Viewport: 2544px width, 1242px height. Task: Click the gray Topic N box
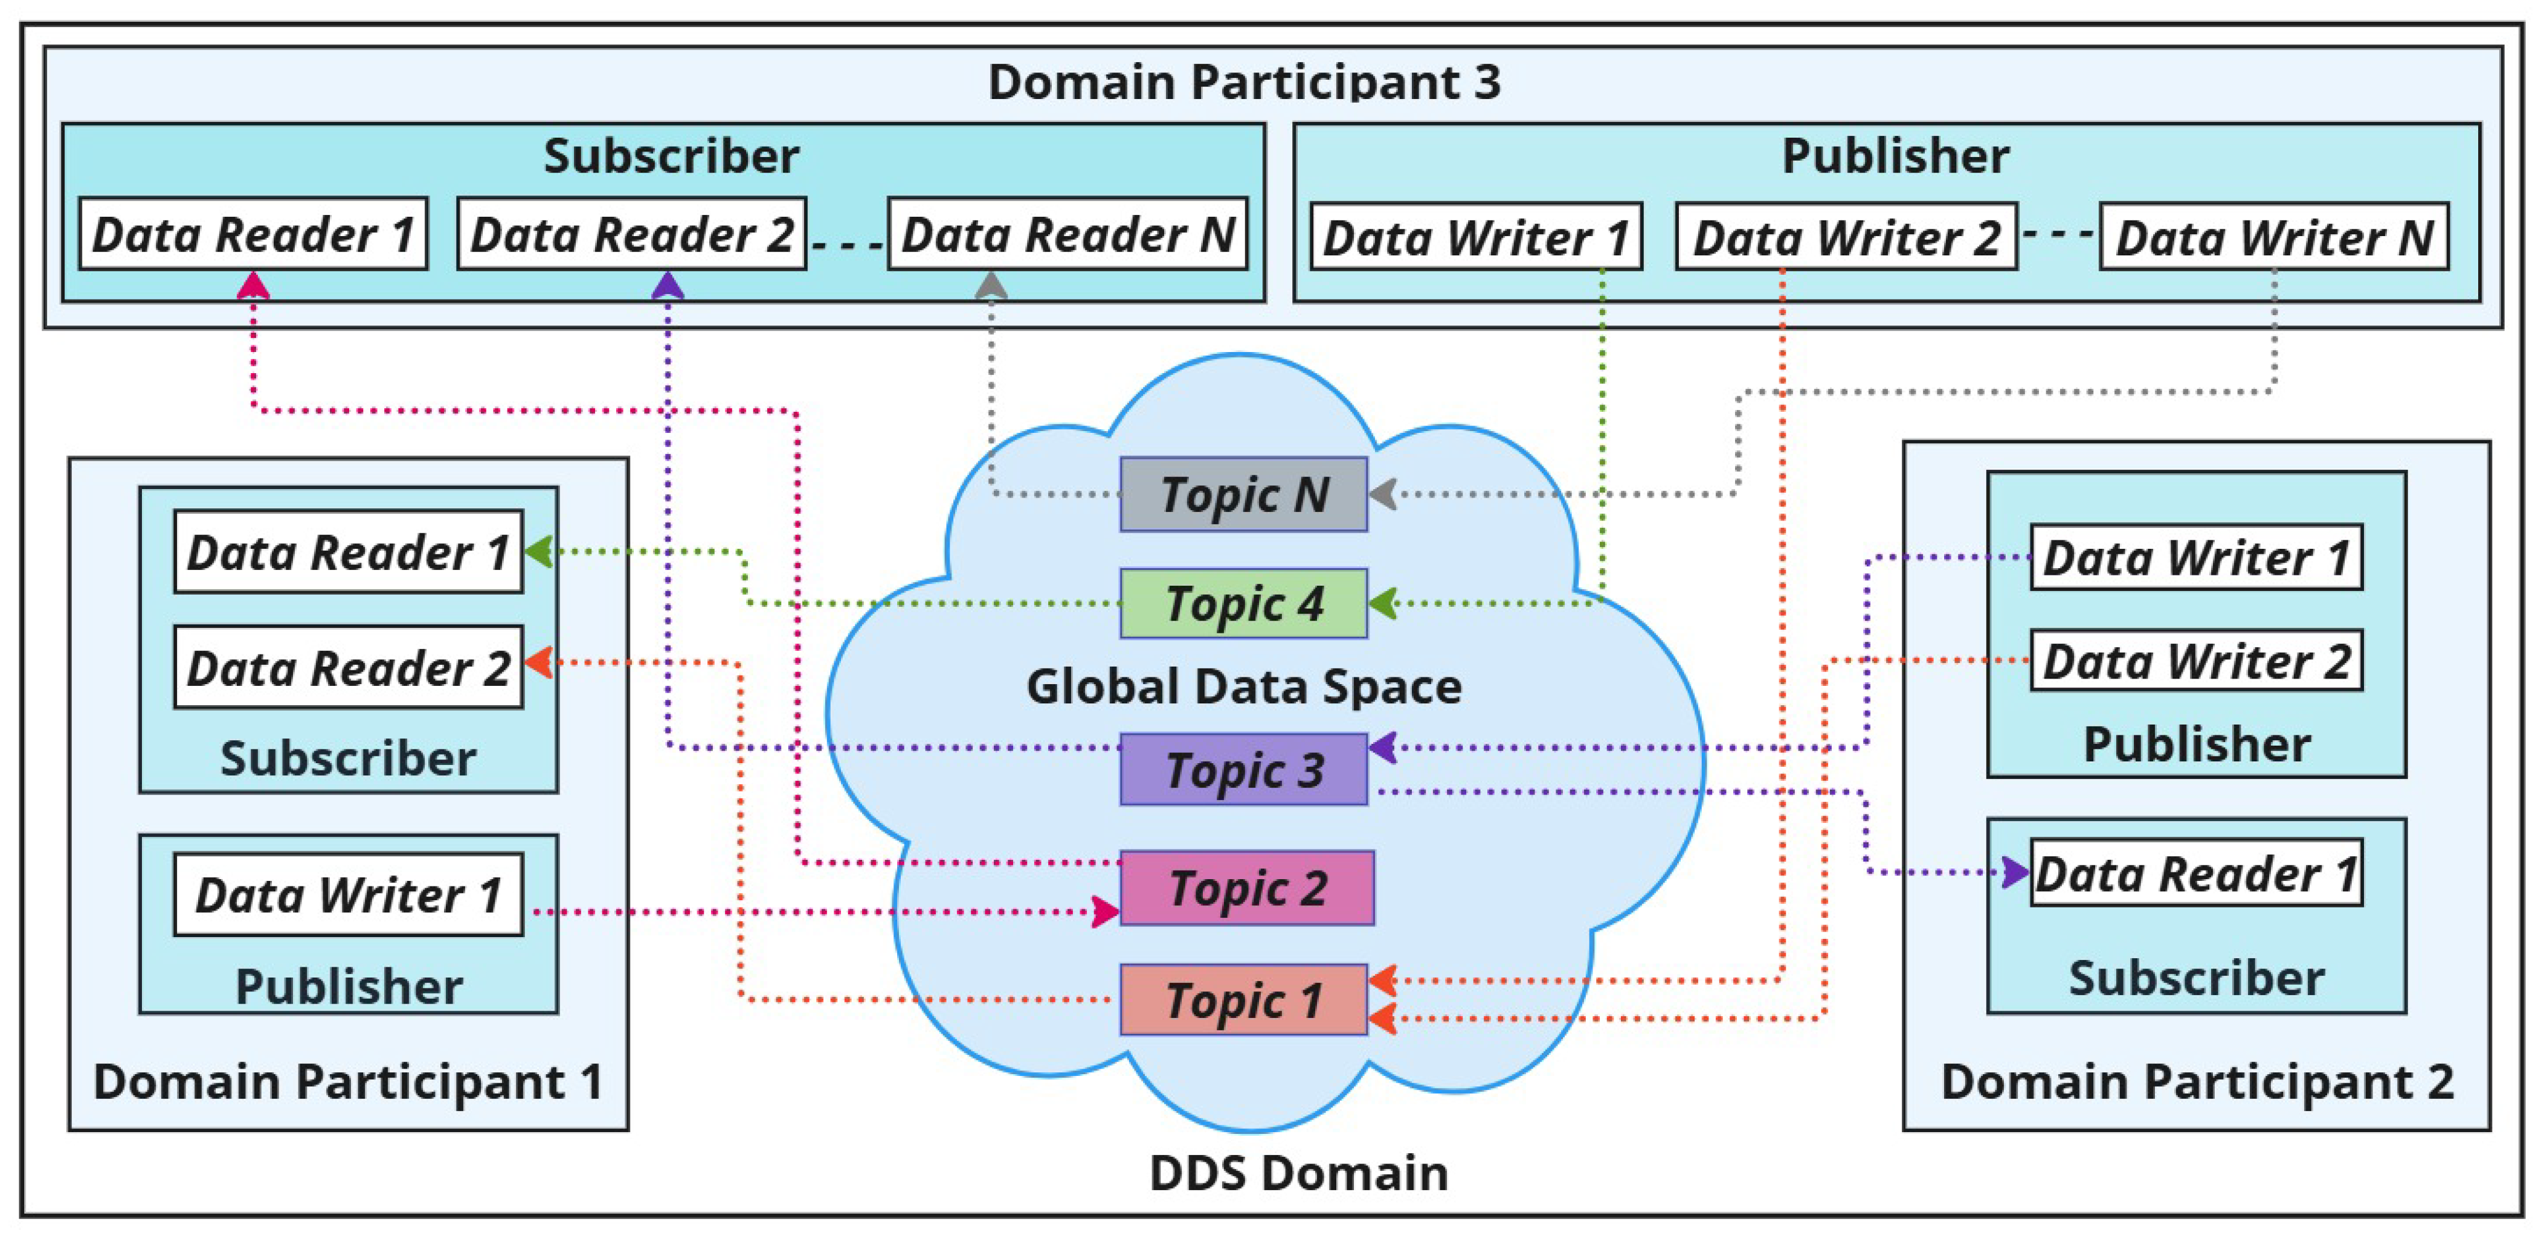click(1243, 494)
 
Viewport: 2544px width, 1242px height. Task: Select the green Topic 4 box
click(1243, 603)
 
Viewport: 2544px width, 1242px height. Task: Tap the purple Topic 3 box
click(1243, 769)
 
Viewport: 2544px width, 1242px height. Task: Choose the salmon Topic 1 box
click(1243, 999)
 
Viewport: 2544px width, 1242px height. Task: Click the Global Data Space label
click(1243, 686)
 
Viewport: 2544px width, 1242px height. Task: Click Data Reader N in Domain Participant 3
click(1068, 234)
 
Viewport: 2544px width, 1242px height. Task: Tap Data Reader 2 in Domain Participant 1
click(347, 667)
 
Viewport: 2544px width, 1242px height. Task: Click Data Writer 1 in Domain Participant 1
click(347, 894)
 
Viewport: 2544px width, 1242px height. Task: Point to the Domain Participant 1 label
click(347, 1081)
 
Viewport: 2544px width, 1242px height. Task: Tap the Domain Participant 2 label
click(2197, 1081)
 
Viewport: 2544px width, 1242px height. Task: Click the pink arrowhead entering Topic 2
click(1105, 911)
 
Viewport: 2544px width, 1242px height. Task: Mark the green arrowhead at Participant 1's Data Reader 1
click(538, 551)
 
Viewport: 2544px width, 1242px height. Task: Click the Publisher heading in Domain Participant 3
click(1894, 156)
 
